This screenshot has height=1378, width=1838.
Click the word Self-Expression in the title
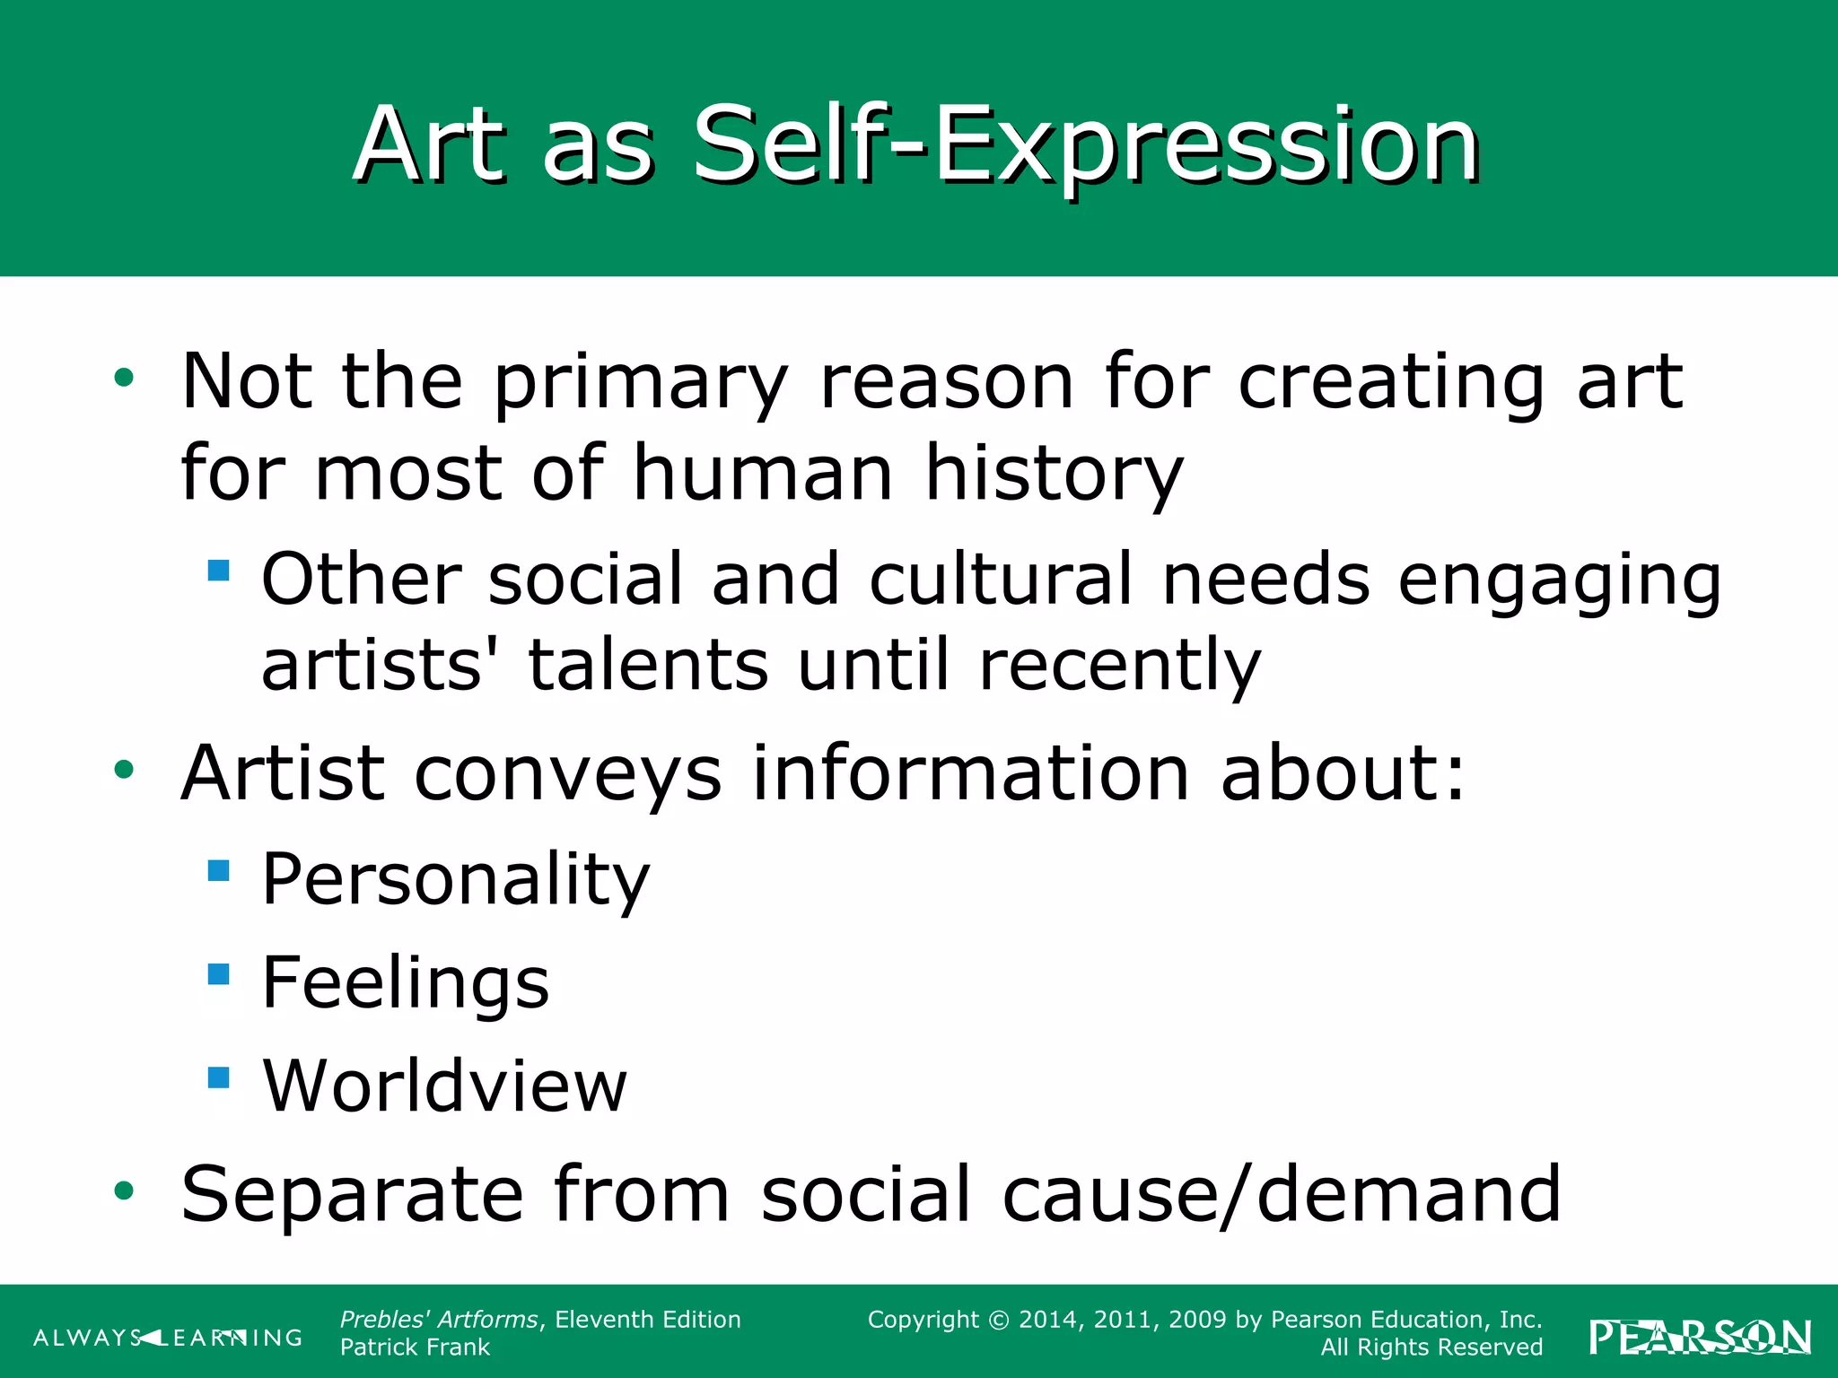(1086, 145)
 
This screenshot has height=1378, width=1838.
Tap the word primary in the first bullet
(641, 384)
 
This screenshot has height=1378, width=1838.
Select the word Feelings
(406, 983)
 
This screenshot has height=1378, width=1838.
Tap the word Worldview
(445, 1086)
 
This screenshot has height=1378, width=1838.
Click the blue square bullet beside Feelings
(218, 974)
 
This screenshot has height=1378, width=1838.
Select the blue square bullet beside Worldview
(218, 1077)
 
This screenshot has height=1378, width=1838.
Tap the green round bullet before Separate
(124, 1191)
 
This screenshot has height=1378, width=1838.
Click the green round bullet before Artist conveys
(124, 770)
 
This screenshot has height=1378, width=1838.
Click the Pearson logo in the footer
(1700, 1338)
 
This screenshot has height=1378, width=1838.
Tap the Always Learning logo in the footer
(168, 1338)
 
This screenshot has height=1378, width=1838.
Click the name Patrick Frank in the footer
(415, 1347)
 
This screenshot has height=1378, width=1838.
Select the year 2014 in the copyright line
(1048, 1320)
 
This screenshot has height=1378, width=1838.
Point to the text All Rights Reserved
(1431, 1347)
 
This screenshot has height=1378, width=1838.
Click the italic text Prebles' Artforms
(439, 1320)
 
